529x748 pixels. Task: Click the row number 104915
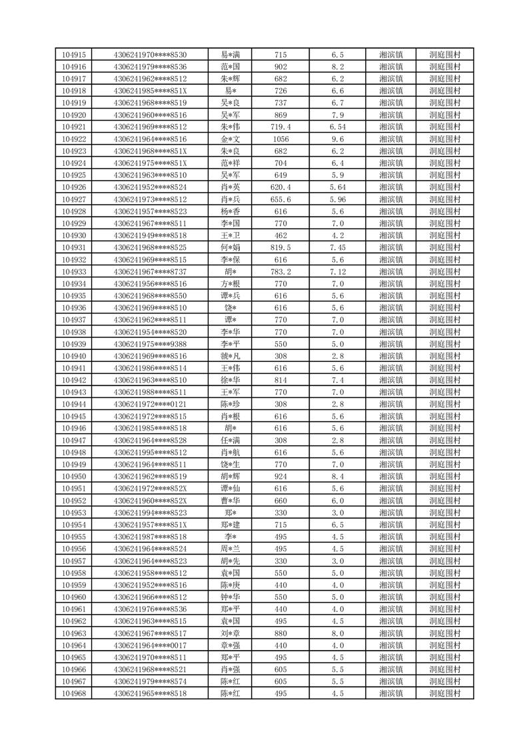(x=73, y=55)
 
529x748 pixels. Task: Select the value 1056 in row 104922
(x=280, y=139)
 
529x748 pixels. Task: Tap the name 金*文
(x=231, y=139)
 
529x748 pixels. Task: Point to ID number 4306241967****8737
(x=151, y=272)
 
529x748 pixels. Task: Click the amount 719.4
(x=280, y=127)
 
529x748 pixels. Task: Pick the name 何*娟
(x=231, y=248)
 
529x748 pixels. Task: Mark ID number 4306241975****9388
(x=151, y=344)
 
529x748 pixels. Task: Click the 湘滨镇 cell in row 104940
(x=390, y=356)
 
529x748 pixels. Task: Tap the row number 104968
(x=73, y=694)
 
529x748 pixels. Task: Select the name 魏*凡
(x=231, y=356)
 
